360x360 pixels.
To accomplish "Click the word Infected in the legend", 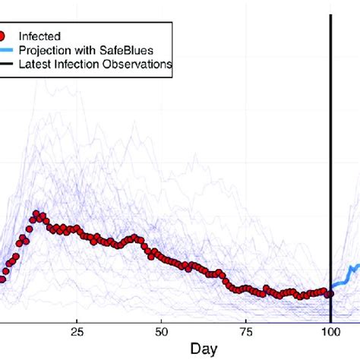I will coord(39,35).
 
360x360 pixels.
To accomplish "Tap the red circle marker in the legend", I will coord(4,35).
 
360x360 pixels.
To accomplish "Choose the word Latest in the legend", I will coord(35,65).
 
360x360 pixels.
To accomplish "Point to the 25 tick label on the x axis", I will coord(77,331).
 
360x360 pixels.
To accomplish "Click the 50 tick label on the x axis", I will coord(161,331).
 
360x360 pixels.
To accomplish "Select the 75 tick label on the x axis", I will coord(246,331).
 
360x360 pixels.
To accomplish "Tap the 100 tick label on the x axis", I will coord(330,331).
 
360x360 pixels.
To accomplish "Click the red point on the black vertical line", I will coord(330,293).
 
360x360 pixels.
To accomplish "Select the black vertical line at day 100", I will coord(330,152).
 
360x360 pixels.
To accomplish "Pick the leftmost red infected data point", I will coord(2,279).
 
